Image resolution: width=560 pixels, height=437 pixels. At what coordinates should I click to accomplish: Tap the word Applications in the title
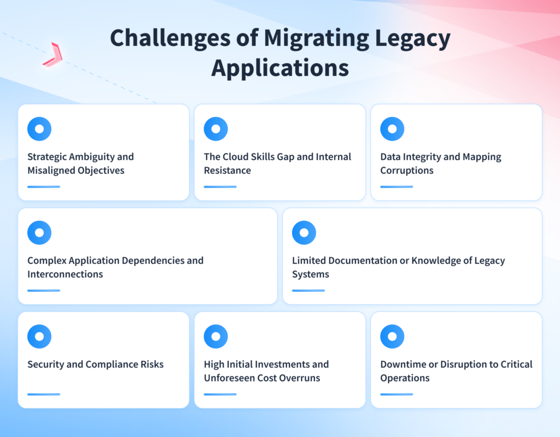tap(280, 69)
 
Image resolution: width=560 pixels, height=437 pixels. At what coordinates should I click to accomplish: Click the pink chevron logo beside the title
tap(52, 55)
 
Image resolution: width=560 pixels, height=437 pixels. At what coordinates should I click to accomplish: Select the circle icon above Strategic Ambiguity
tap(39, 129)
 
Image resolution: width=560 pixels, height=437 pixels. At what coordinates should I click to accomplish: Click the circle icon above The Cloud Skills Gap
tap(215, 129)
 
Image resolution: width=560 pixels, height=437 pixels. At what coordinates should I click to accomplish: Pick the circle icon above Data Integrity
tap(392, 129)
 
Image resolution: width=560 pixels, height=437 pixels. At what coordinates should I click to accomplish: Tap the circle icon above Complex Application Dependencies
tap(39, 233)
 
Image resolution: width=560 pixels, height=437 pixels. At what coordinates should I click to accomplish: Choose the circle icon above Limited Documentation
tap(304, 233)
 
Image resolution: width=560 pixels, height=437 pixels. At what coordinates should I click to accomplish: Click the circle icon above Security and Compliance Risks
tap(39, 336)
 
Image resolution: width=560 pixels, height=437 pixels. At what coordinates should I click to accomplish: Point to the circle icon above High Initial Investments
tap(215, 336)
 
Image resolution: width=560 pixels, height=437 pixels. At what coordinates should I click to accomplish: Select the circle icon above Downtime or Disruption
tap(392, 336)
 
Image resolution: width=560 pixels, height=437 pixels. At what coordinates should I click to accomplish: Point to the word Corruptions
tap(407, 170)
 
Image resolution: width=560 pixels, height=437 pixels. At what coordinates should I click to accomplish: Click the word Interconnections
tap(65, 274)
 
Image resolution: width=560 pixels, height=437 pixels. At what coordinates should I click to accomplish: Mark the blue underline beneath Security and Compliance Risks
tap(44, 394)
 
